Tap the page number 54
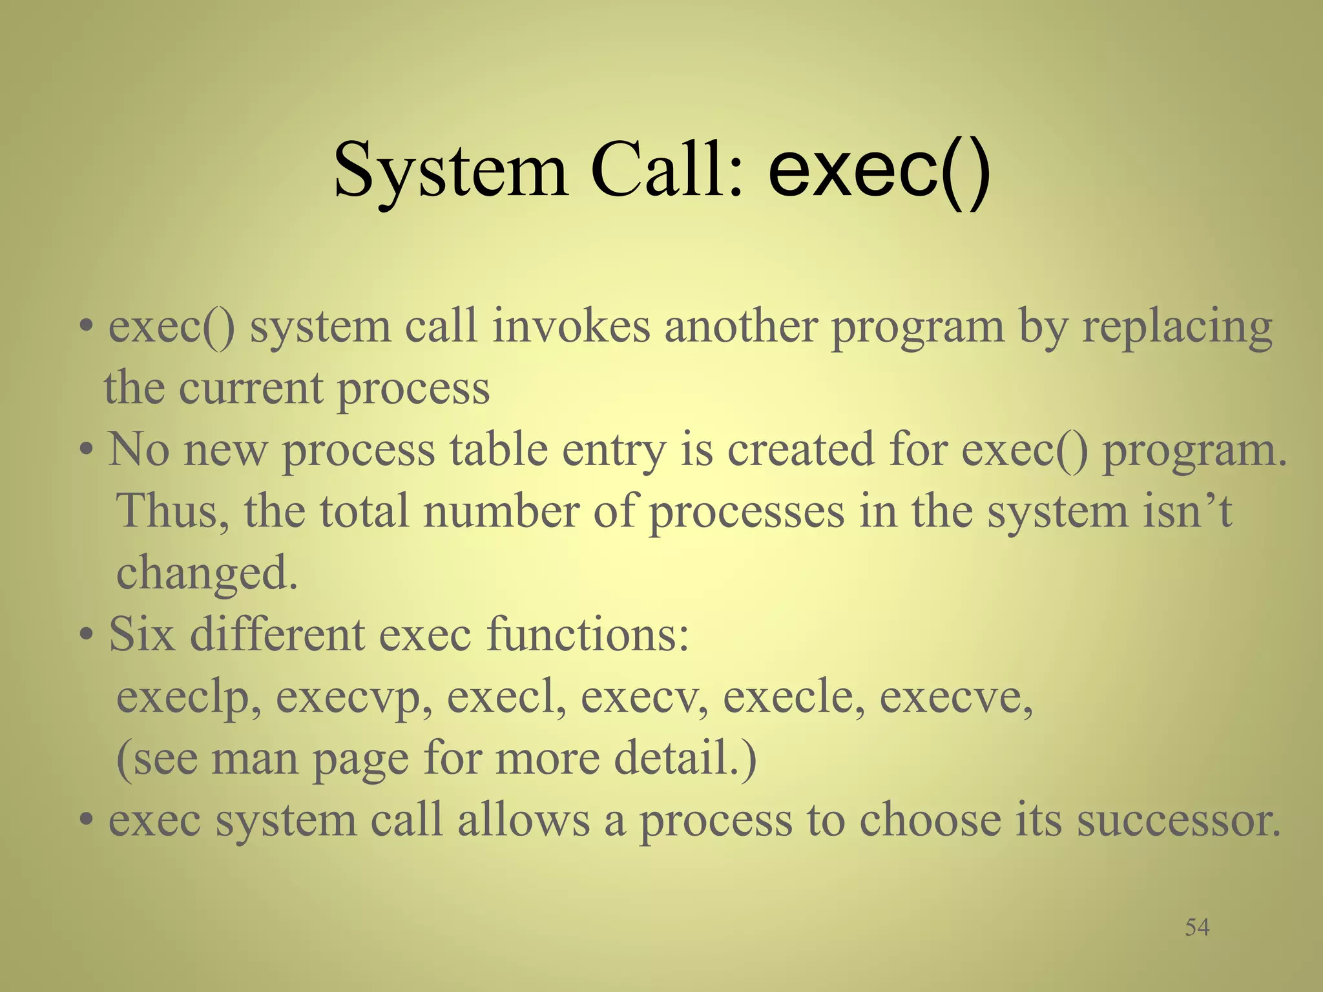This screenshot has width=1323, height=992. tap(1197, 927)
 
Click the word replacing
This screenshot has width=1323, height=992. tap(1177, 328)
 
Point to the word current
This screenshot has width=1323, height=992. tap(251, 389)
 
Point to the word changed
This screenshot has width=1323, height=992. tap(207, 573)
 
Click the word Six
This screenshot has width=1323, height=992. tap(141, 634)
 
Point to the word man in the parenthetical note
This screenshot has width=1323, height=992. tap(255, 758)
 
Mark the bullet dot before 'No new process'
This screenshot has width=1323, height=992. tap(87, 451)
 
